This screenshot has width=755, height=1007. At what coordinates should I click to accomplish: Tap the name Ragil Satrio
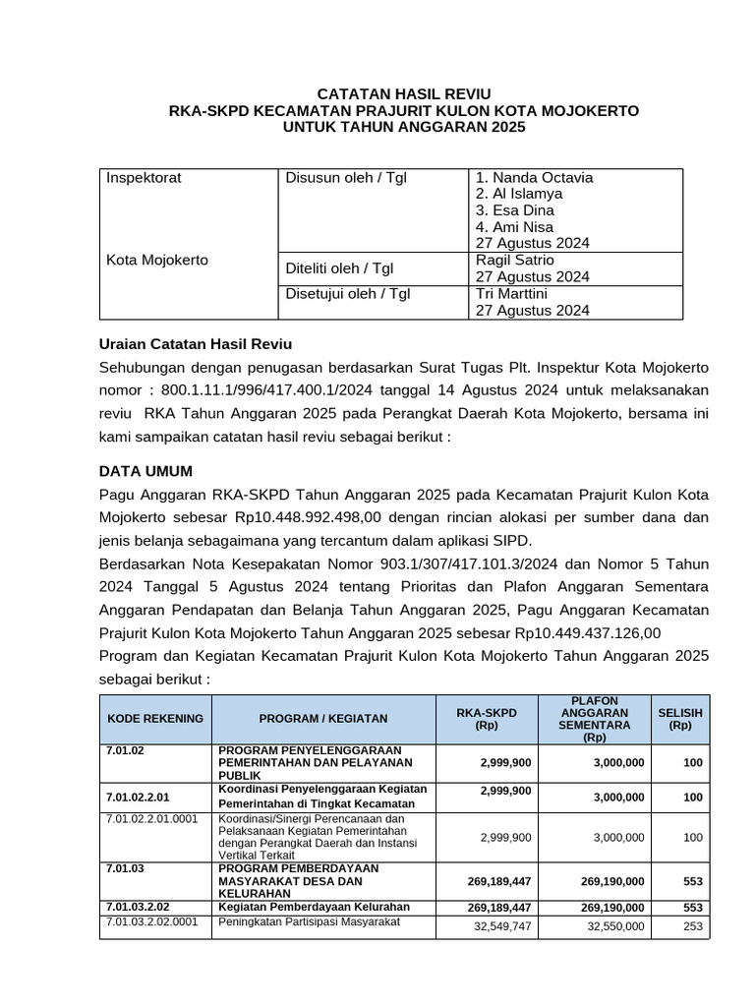(515, 260)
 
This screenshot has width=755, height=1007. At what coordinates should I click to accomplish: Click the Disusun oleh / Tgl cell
(345, 178)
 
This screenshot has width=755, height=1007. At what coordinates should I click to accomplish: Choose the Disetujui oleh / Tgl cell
(347, 293)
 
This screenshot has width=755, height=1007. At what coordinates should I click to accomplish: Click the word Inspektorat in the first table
(144, 178)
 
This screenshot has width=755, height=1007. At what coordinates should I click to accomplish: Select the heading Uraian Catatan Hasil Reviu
(196, 344)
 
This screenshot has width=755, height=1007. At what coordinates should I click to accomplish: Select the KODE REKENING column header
(155, 718)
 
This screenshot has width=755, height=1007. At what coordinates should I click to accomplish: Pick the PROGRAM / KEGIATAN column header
(323, 718)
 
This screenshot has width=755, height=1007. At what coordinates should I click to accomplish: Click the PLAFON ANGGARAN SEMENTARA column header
(594, 718)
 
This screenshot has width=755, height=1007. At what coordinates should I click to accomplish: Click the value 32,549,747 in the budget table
(501, 926)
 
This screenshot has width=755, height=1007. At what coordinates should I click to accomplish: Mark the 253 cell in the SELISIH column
(692, 926)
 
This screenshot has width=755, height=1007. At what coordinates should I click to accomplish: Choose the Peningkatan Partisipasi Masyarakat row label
(305, 921)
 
